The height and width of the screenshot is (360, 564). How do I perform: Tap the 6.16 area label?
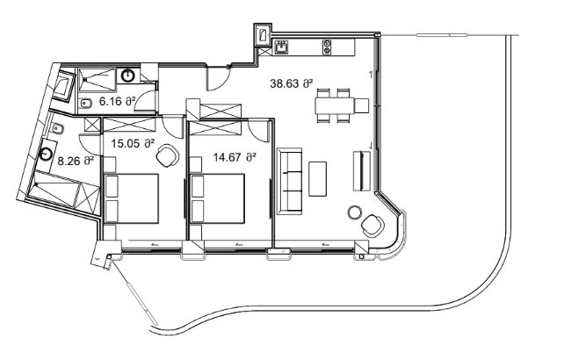[x=117, y=102]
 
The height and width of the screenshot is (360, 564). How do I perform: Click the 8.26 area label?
[x=76, y=162]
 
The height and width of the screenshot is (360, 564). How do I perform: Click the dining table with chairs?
[x=336, y=106]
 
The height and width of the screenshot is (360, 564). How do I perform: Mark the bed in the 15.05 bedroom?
[x=131, y=198]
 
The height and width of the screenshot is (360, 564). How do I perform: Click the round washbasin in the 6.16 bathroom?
[x=128, y=76]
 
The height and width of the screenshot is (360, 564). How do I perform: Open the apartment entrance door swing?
[x=216, y=78]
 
